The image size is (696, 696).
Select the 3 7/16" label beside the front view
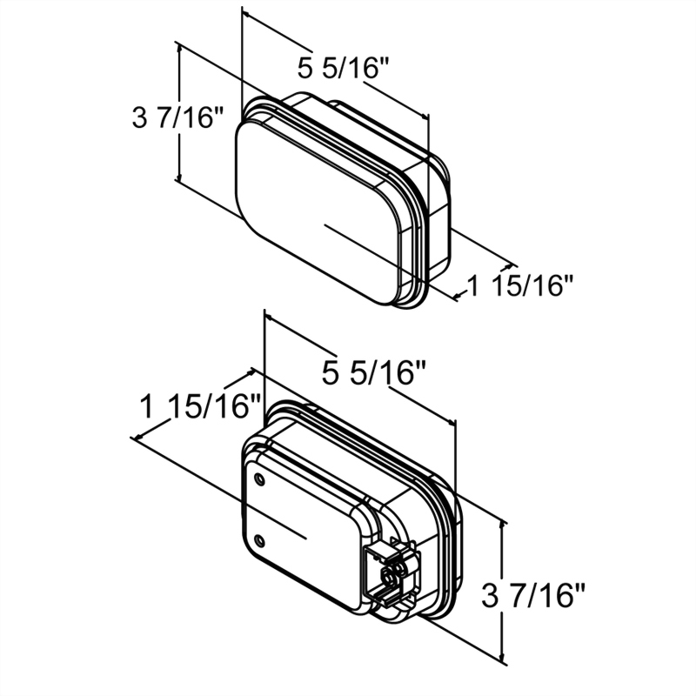pyautogui.click(x=177, y=117)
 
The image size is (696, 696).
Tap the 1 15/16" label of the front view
pyautogui.click(x=520, y=284)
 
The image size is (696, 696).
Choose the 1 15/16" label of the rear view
pyautogui.click(x=200, y=406)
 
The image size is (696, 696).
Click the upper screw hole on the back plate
pyautogui.click(x=259, y=478)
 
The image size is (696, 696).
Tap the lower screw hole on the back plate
pyautogui.click(x=259, y=539)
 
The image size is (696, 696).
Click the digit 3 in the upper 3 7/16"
pyautogui.click(x=138, y=117)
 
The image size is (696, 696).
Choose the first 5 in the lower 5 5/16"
pyautogui.click(x=331, y=372)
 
